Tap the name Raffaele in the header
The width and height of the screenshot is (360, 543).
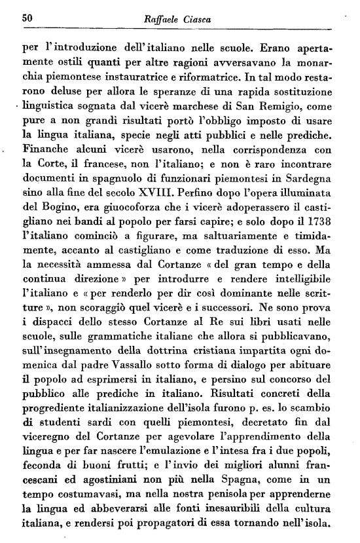click(x=162, y=20)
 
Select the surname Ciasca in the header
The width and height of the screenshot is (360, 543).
click(x=202, y=20)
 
